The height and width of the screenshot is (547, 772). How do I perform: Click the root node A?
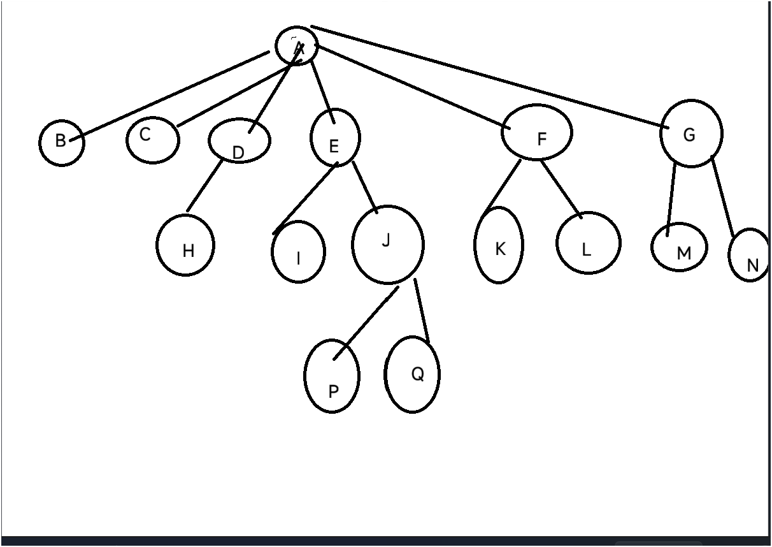297,46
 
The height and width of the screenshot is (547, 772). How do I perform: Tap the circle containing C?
152,139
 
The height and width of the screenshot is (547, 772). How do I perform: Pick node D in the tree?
239,142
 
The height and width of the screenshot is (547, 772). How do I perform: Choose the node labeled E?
335,138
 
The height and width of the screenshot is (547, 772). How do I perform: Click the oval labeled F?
536,133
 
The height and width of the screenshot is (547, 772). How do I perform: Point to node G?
691,134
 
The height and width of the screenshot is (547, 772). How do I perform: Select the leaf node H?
185,245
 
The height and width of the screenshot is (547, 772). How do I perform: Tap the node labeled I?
298,252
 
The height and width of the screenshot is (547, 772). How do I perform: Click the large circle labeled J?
387,245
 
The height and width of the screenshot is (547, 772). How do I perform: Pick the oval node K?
499,245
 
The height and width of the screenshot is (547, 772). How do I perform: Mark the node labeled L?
588,243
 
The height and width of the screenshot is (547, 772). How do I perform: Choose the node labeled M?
680,247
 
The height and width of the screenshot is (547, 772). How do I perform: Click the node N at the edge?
750,256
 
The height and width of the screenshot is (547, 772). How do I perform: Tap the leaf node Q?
413,374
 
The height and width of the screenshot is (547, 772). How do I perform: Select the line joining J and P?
366,323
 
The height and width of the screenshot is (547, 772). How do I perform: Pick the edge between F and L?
561,189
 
